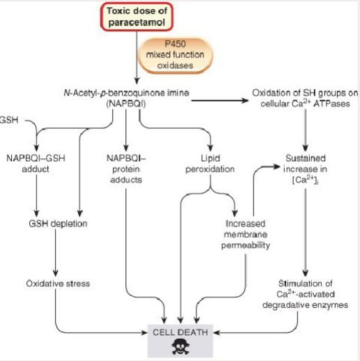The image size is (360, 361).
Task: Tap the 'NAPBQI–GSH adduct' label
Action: click(37, 163)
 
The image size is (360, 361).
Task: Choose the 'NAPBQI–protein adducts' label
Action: click(126, 169)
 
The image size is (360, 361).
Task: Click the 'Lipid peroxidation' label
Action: click(210, 163)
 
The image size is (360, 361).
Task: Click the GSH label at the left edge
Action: click(8, 120)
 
